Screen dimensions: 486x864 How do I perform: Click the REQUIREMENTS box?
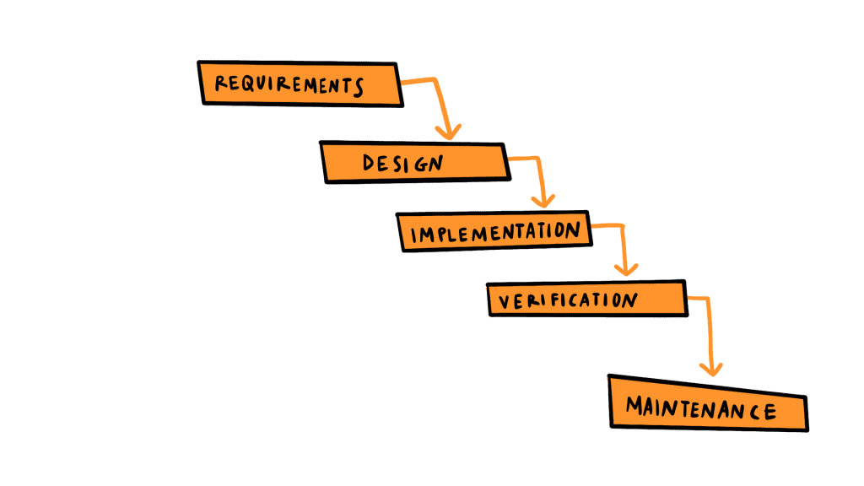(300, 83)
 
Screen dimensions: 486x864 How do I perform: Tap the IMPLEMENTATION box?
(494, 230)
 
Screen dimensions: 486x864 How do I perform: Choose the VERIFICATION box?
(586, 300)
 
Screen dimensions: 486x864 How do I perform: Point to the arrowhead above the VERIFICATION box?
(625, 269)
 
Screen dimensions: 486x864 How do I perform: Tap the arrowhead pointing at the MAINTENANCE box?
(714, 369)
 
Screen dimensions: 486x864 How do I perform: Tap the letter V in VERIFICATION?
(503, 300)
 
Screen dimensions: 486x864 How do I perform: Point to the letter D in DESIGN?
(369, 162)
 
